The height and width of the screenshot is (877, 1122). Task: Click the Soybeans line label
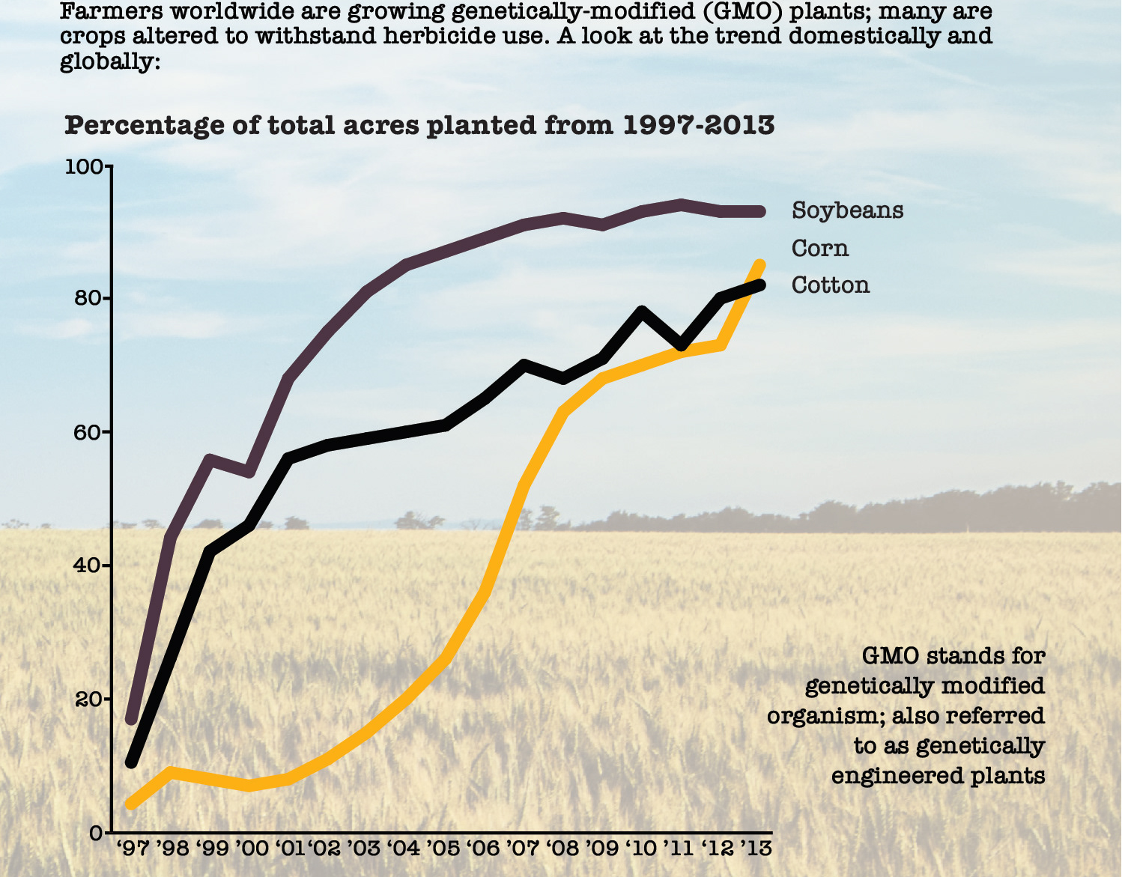(x=847, y=210)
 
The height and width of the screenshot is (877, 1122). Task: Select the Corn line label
(x=820, y=249)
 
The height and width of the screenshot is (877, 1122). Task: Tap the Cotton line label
(x=831, y=285)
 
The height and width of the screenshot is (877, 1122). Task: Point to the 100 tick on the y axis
(x=84, y=167)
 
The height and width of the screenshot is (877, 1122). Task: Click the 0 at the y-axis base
(x=96, y=833)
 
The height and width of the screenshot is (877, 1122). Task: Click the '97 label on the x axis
(x=133, y=849)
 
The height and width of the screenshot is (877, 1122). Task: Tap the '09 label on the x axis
(x=601, y=849)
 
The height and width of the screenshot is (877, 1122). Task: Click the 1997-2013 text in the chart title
(x=699, y=125)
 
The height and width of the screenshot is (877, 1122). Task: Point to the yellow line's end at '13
(x=759, y=265)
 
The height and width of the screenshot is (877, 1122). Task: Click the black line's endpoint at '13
(x=759, y=285)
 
